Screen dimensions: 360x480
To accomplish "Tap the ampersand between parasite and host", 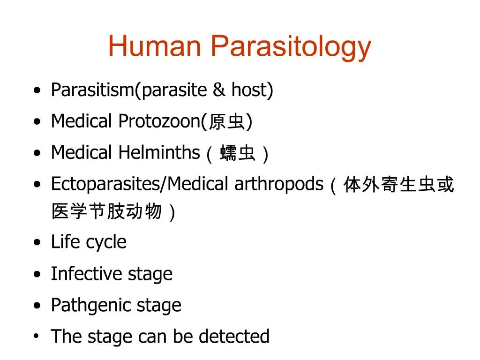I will tap(218, 90).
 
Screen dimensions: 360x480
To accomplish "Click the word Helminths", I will tap(159, 152).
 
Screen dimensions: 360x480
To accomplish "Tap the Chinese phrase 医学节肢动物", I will tap(106, 212).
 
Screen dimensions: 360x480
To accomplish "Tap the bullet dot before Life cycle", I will tap(37, 243).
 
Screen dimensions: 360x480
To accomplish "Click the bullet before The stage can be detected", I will tap(37, 337).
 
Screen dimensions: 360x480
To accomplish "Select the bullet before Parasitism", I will tap(37, 90).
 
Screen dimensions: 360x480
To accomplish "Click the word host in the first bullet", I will tap(252, 90).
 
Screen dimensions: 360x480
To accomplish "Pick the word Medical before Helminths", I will tap(82, 152).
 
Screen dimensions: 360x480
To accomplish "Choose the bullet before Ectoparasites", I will tap(37, 185).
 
